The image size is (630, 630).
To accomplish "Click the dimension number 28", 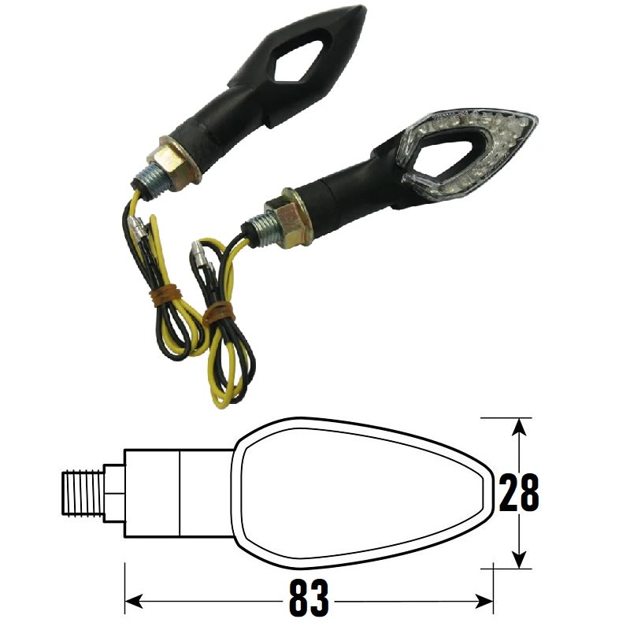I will [518, 494].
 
